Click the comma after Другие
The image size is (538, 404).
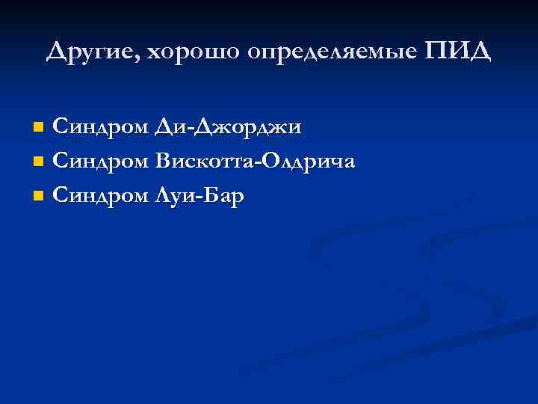(x=140, y=59)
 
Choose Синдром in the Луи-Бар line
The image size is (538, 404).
(x=102, y=197)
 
